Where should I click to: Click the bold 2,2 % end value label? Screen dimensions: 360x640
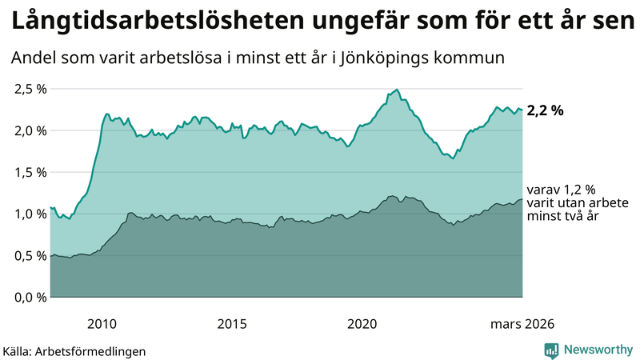545,111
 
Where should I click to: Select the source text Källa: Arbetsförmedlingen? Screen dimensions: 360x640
74,350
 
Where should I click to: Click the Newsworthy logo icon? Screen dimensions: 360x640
551,350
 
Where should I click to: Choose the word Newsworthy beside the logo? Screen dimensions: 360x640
598,350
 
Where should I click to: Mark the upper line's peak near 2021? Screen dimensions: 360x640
397,90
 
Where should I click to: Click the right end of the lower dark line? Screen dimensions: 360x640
522,199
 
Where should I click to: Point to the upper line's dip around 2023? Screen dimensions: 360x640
453,158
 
